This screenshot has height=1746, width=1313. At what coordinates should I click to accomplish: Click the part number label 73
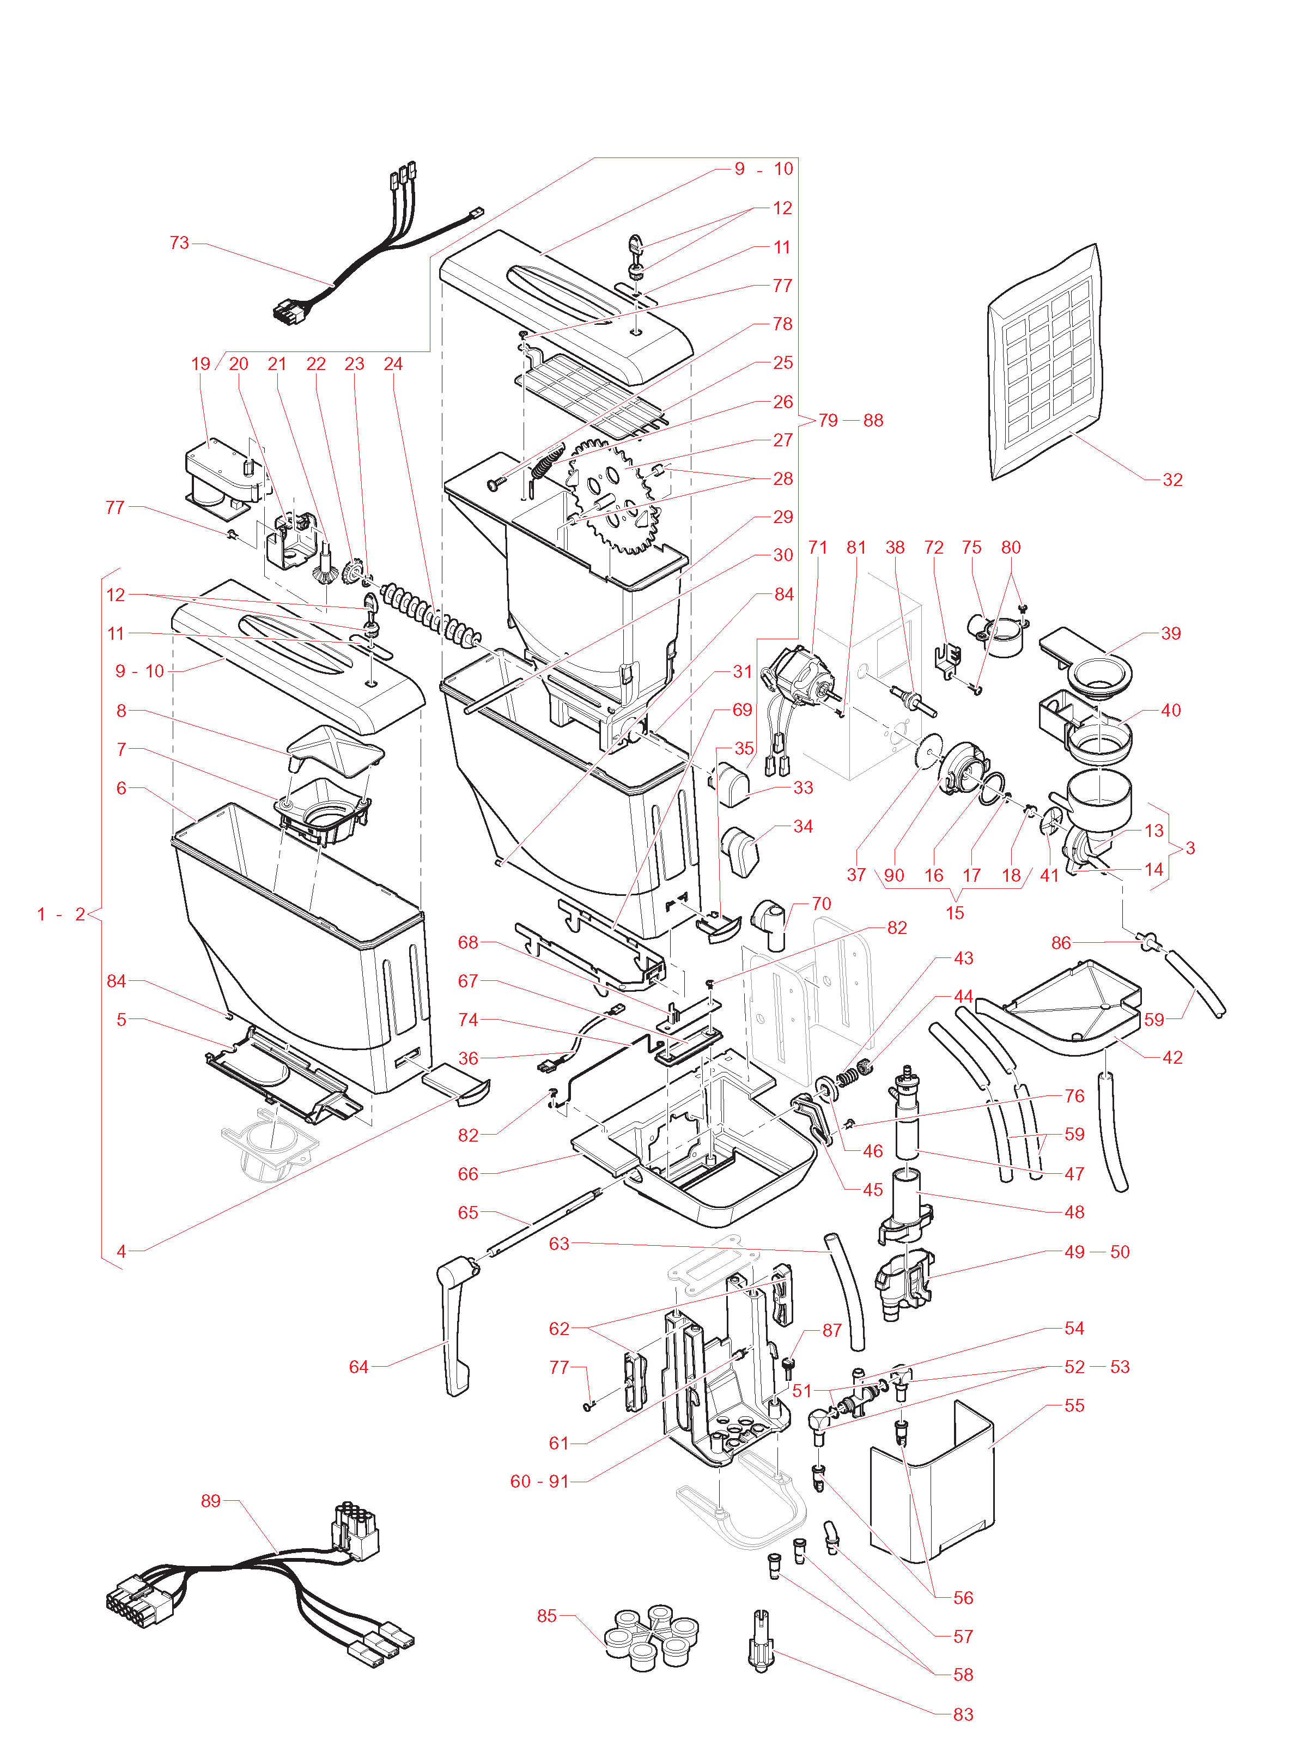point(179,242)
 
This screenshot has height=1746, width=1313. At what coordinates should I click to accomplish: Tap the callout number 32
point(1172,479)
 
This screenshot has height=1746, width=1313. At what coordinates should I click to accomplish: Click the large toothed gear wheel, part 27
point(616,498)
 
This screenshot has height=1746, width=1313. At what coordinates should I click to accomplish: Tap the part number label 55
point(1074,1405)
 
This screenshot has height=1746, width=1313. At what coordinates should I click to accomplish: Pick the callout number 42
point(1172,1057)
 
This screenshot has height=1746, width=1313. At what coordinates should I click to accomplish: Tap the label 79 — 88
point(850,420)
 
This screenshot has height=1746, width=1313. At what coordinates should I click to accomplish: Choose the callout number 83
point(963,1714)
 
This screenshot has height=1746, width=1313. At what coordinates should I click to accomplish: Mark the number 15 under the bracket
point(955,912)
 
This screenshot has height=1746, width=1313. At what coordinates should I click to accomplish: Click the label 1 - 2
point(61,914)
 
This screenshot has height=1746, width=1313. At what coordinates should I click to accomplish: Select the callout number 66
point(468,1174)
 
